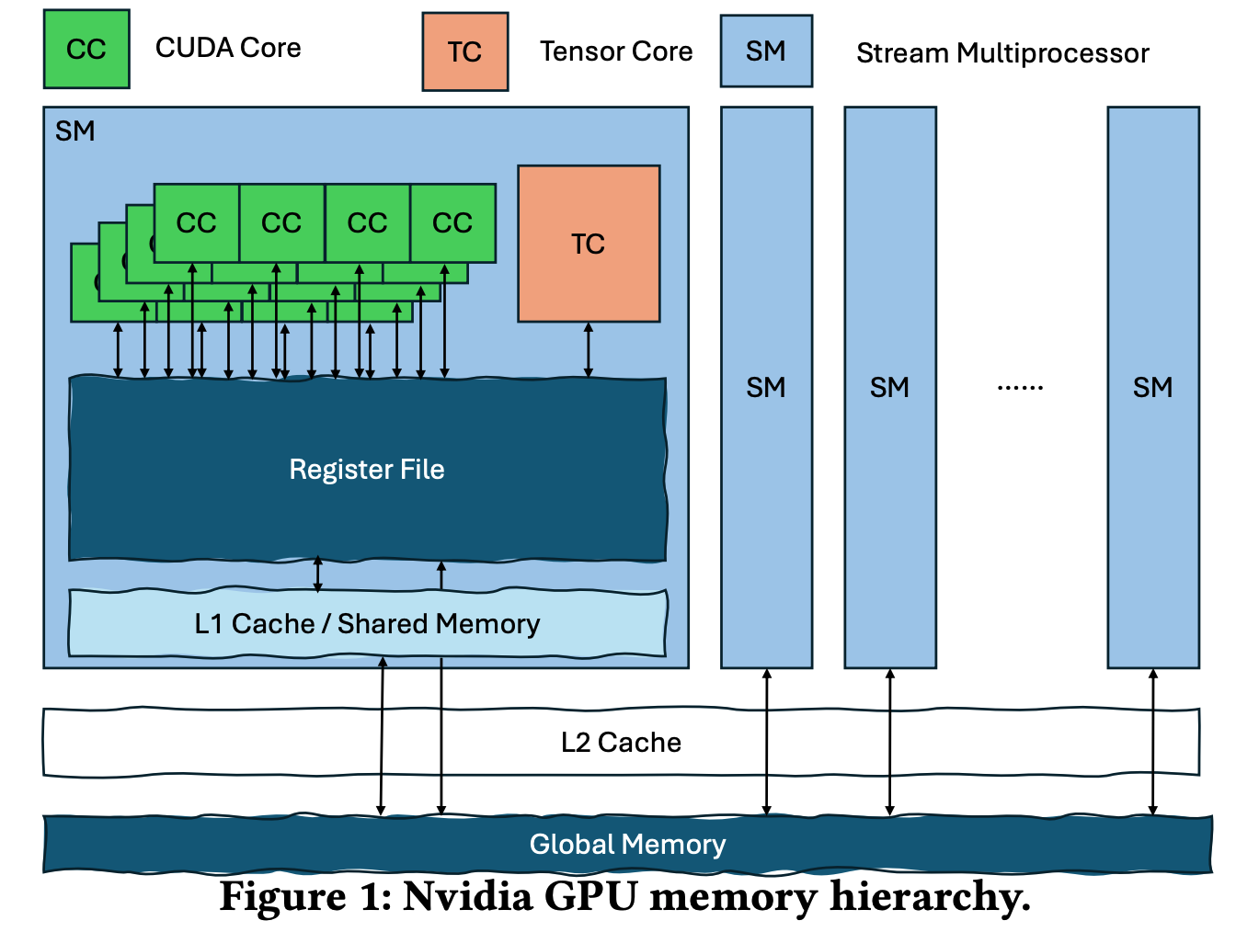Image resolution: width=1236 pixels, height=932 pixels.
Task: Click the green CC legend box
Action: [x=86, y=50]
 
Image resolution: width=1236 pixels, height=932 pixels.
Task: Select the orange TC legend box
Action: [x=464, y=52]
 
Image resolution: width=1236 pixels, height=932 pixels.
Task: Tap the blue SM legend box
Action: [x=765, y=51]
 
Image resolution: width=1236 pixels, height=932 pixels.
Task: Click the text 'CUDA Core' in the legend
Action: [x=228, y=48]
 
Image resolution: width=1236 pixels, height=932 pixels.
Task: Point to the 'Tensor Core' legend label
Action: [x=615, y=51]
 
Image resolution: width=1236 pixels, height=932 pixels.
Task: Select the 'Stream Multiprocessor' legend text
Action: [x=1001, y=53]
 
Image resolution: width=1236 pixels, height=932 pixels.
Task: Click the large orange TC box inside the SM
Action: [x=589, y=244]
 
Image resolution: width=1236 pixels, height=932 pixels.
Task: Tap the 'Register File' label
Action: [x=366, y=470]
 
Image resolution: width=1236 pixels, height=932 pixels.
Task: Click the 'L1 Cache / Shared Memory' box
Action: [x=366, y=624]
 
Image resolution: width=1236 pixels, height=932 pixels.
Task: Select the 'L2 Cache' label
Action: [x=621, y=743]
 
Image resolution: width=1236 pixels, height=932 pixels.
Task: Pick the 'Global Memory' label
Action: [x=627, y=845]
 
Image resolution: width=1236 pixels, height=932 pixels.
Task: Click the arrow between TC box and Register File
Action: [x=589, y=350]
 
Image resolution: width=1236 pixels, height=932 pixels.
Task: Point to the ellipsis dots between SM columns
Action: [x=1020, y=388]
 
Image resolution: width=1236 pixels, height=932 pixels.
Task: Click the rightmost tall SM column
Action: [x=1152, y=387]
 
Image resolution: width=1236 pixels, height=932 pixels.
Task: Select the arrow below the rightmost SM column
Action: [x=1152, y=742]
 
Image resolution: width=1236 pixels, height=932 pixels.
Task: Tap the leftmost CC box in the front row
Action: [x=196, y=223]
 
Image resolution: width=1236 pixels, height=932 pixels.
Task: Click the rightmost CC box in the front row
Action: [x=452, y=223]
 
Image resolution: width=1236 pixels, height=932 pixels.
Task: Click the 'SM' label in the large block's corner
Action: [x=74, y=131]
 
